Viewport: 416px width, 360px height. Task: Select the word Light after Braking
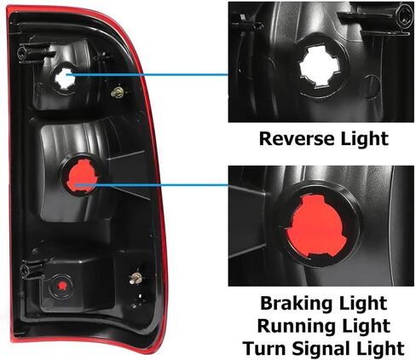[359, 304]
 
